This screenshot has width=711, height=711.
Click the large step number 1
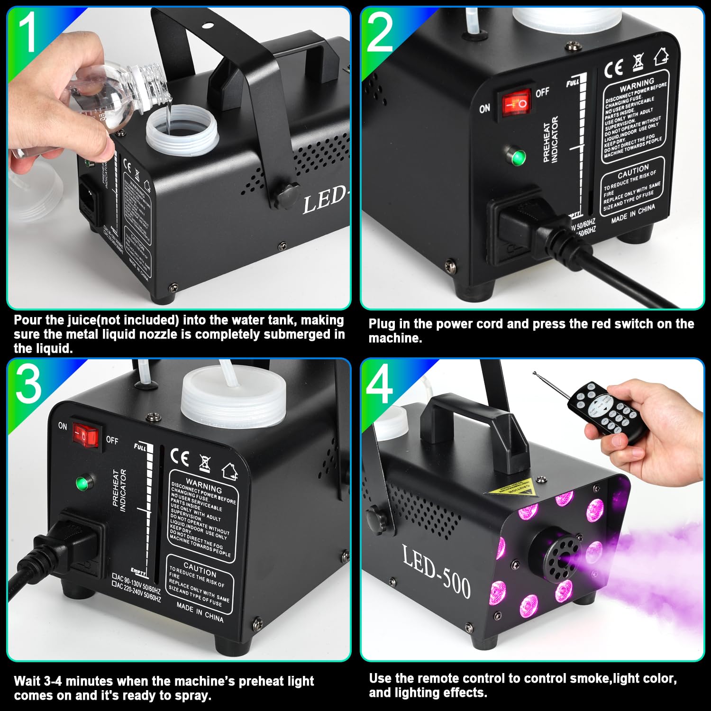tap(27, 32)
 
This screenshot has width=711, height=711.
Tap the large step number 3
tap(28, 384)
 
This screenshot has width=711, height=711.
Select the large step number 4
tap(380, 385)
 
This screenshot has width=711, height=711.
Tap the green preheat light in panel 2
tap(518, 156)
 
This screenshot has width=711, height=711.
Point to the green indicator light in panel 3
tap(83, 483)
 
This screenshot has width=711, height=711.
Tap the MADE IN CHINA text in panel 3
tap(200, 611)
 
